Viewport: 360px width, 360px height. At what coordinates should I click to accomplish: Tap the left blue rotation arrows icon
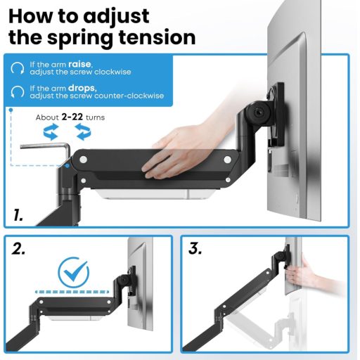tap(51, 131)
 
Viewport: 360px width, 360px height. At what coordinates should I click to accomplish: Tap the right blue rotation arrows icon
tap(84, 131)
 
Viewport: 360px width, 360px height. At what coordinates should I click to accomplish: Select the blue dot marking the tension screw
tap(67, 166)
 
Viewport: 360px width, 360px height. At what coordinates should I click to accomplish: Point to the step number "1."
tap(19, 215)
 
